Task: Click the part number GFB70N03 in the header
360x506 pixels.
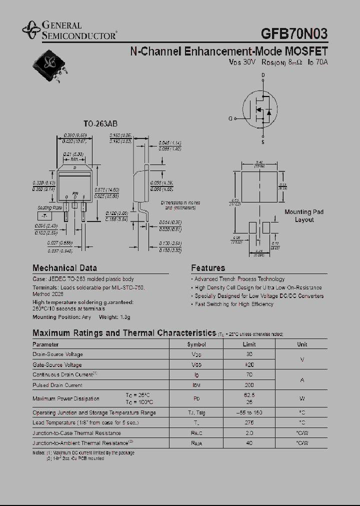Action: pyautogui.click(x=294, y=33)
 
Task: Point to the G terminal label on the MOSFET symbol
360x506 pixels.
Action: pyautogui.click(x=230, y=118)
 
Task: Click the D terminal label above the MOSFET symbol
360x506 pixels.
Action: pyautogui.click(x=263, y=75)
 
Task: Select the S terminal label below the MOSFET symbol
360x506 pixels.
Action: pyautogui.click(x=263, y=142)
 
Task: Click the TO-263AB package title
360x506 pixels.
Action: pyautogui.click(x=100, y=124)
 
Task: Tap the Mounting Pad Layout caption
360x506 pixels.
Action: pyautogui.click(x=304, y=216)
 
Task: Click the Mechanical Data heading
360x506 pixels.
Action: pyautogui.click(x=64, y=268)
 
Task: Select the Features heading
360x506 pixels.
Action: pyautogui.click(x=208, y=268)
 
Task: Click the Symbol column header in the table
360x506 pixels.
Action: pyautogui.click(x=196, y=344)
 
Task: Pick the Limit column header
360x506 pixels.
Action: pyautogui.click(x=249, y=344)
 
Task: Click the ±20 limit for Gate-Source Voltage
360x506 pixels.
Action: pyautogui.click(x=249, y=365)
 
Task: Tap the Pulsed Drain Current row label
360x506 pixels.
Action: pyautogui.click(x=57, y=385)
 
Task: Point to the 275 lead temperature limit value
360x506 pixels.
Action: pyautogui.click(x=249, y=422)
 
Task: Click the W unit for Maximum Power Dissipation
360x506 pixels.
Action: pyautogui.click(x=302, y=398)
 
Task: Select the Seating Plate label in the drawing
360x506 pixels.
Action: pyautogui.click(x=50, y=207)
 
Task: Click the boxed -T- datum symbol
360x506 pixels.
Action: pyautogui.click(x=44, y=216)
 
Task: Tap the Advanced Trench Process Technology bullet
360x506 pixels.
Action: pyautogui.click(x=239, y=279)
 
